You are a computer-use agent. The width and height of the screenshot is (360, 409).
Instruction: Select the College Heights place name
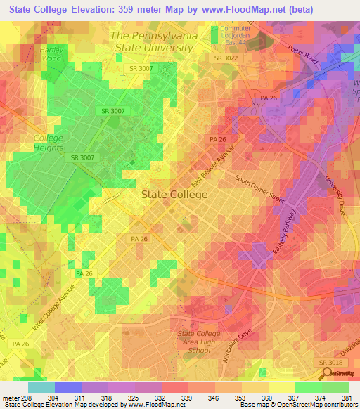49,143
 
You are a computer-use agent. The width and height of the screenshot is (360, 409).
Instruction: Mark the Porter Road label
302,58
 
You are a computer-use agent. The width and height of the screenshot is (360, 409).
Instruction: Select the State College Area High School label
195,342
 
